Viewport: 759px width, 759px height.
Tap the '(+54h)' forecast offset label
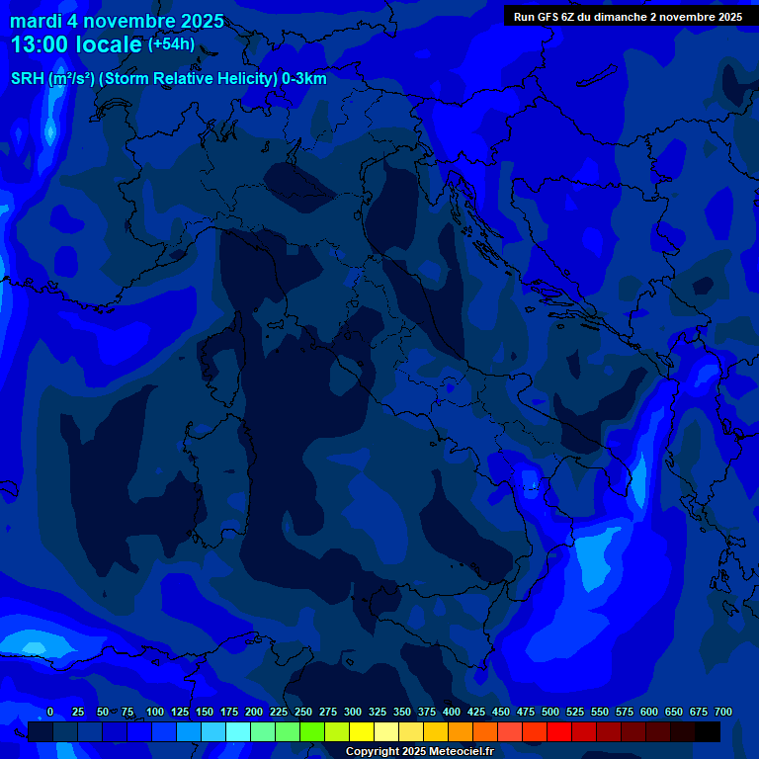pyautogui.click(x=171, y=44)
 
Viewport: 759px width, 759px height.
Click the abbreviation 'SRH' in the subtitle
pyautogui.click(x=28, y=79)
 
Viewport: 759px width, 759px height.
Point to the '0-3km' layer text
pyautogui.click(x=304, y=79)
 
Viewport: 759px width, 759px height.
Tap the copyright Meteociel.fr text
pyautogui.click(x=419, y=752)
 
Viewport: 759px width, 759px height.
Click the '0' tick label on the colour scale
pyautogui.click(x=50, y=713)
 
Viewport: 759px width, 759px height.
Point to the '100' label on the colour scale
pyautogui.click(x=155, y=713)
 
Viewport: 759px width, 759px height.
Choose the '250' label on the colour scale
pyautogui.click(x=303, y=713)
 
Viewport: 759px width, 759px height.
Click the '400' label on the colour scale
pyautogui.click(x=452, y=713)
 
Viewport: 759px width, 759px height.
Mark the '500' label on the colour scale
pyautogui.click(x=550, y=713)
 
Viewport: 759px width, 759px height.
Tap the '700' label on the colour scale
pyautogui.click(x=723, y=713)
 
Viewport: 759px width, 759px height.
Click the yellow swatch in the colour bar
pyautogui.click(x=362, y=732)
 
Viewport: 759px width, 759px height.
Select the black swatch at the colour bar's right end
pyautogui.click(x=708, y=732)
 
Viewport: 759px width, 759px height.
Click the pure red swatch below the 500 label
pyautogui.click(x=559, y=732)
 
